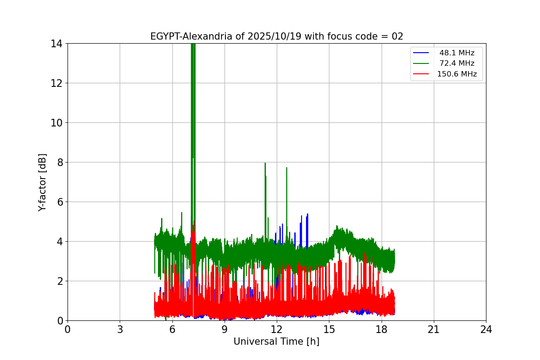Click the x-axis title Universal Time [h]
pyautogui.click(x=276, y=342)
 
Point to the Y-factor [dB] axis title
pyautogui.click(x=42, y=182)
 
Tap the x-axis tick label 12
pyautogui.click(x=276, y=329)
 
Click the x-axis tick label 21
pyautogui.click(x=433, y=329)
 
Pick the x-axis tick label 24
pyautogui.click(x=486, y=329)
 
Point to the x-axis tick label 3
pyautogui.click(x=120, y=329)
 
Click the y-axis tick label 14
pyautogui.click(x=56, y=44)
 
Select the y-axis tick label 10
pyautogui.click(x=56, y=123)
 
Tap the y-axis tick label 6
pyautogui.click(x=59, y=202)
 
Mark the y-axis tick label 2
pyautogui.click(x=59, y=281)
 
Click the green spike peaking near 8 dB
pyautogui.click(x=265, y=164)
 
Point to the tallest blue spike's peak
pyautogui.click(x=307, y=214)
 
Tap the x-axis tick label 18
pyautogui.click(x=381, y=329)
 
